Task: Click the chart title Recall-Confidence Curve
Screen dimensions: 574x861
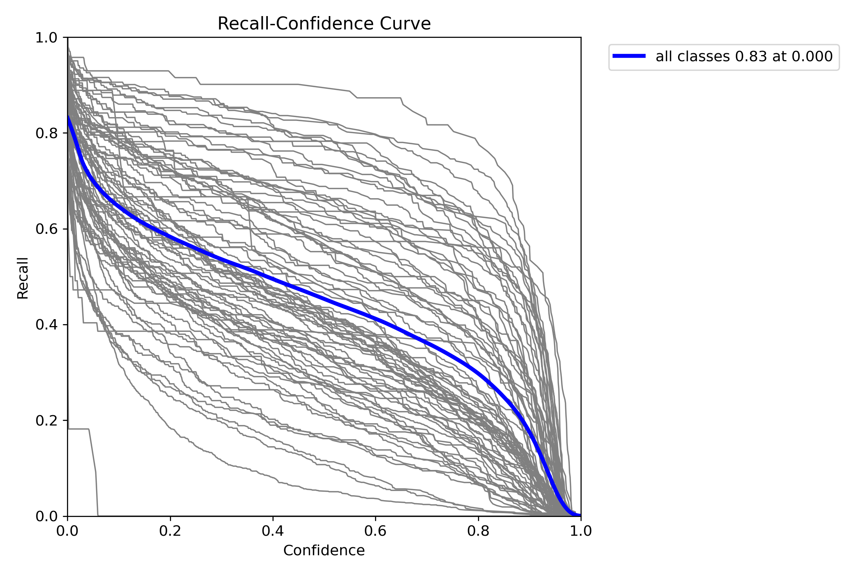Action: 324,24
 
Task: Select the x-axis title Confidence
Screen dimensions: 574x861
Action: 324,550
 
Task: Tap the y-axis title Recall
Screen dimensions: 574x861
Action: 23,278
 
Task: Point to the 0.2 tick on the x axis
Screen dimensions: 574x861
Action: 170,531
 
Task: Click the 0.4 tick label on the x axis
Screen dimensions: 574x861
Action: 273,531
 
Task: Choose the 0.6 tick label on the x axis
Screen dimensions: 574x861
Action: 375,531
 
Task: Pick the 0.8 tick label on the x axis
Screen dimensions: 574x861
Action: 478,531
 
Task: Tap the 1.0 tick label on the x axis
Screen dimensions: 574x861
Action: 581,531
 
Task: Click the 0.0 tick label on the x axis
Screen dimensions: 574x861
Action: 68,531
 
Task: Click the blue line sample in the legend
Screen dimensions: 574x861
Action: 629,56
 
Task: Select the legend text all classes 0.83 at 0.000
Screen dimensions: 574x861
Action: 744,56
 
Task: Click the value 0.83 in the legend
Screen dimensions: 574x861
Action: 751,56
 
